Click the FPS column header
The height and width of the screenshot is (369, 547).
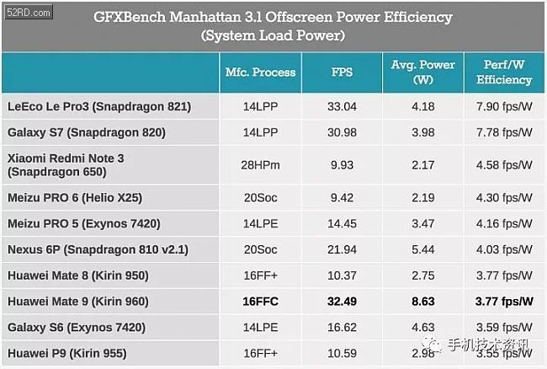point(341,72)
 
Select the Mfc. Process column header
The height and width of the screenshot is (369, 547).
point(261,72)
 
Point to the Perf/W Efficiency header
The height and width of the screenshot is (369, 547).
point(503,72)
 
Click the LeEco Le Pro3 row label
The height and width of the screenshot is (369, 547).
point(99,107)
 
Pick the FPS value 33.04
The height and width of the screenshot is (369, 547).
point(341,107)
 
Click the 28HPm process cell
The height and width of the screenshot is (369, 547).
point(261,164)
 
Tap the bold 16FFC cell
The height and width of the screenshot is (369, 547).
point(261,301)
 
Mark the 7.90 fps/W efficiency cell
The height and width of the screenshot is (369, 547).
point(503,107)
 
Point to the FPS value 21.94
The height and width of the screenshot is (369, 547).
point(341,249)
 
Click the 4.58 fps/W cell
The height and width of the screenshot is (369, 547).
point(503,164)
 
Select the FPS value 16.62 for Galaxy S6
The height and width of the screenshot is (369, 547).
point(341,327)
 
